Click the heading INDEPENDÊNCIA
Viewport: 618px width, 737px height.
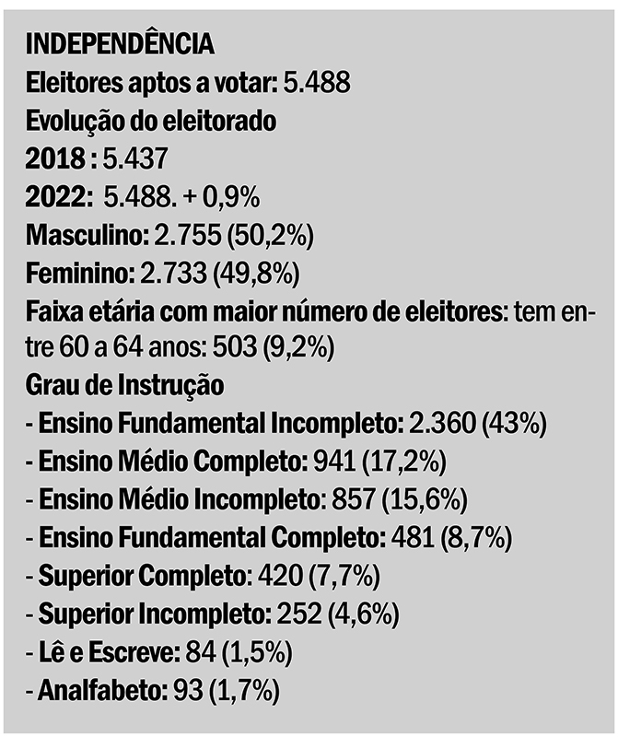(121, 43)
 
